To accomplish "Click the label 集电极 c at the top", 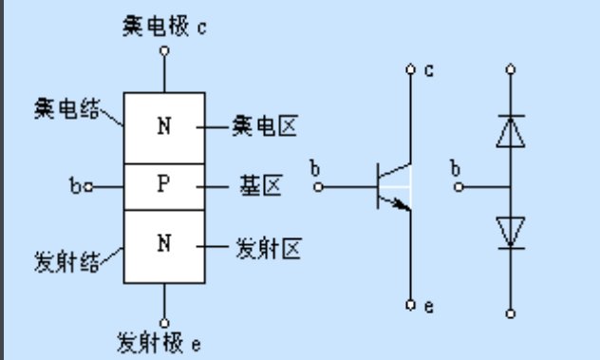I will tap(164, 26).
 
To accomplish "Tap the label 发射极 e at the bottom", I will tap(159, 340).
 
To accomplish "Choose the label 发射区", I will tap(267, 249).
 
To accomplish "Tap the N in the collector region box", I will tap(163, 126).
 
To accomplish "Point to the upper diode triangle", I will tap(512, 133).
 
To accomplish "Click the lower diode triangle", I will tap(512, 232).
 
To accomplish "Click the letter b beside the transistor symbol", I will tap(314, 169).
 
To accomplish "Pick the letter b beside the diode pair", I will tap(457, 169).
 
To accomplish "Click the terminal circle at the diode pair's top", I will tap(512, 69).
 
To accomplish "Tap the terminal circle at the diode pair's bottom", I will tap(512, 313).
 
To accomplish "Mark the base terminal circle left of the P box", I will tap(88, 187).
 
